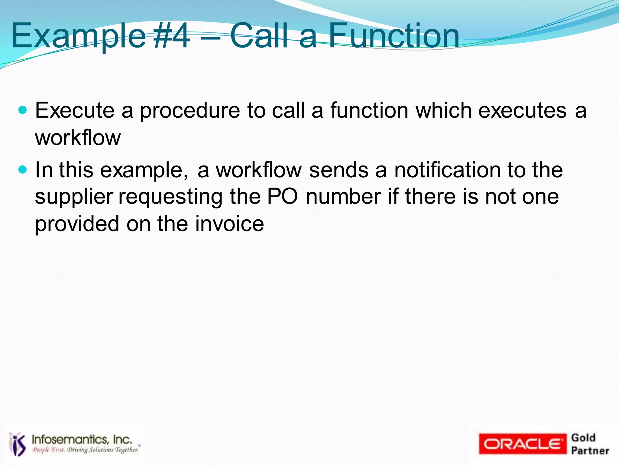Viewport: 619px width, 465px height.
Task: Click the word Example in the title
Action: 79,36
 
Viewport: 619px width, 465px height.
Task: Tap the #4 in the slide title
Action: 172,36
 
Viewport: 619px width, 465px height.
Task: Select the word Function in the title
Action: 394,36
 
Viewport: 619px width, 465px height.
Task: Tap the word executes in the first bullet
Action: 522,110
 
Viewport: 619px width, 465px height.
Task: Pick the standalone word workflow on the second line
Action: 78,138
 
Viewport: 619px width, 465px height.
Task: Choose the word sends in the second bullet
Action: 339,170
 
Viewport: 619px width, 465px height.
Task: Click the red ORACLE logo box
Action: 522,444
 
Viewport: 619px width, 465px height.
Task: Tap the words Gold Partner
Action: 589,444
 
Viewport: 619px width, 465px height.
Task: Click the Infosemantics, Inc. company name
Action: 82,439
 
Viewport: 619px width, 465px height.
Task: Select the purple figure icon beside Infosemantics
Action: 18,444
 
